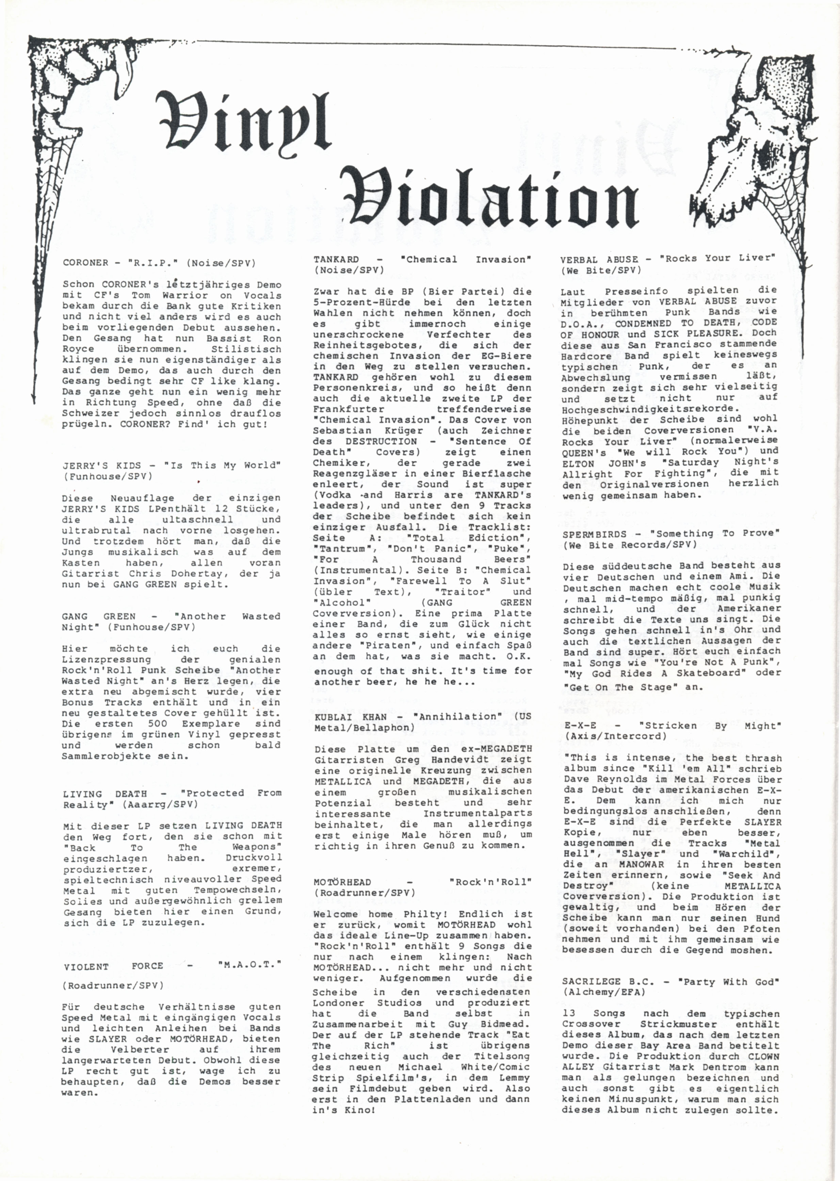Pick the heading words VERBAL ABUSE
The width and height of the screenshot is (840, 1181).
(600, 259)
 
